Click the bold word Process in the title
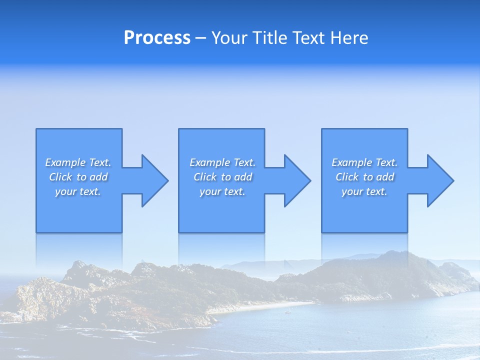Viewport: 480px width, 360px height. tap(157, 38)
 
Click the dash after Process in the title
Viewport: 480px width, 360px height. tap(201, 38)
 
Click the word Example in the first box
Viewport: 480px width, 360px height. tap(65, 162)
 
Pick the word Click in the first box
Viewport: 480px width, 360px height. tap(60, 177)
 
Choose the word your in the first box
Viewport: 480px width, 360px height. tap(65, 191)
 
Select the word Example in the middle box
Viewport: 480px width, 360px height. tap(209, 162)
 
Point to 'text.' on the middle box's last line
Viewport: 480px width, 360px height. tap(233, 191)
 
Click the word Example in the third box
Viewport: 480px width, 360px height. tap(351, 162)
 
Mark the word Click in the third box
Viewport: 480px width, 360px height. tap(347, 177)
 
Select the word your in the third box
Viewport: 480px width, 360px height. tap(352, 191)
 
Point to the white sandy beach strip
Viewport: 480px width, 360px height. tap(265, 306)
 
